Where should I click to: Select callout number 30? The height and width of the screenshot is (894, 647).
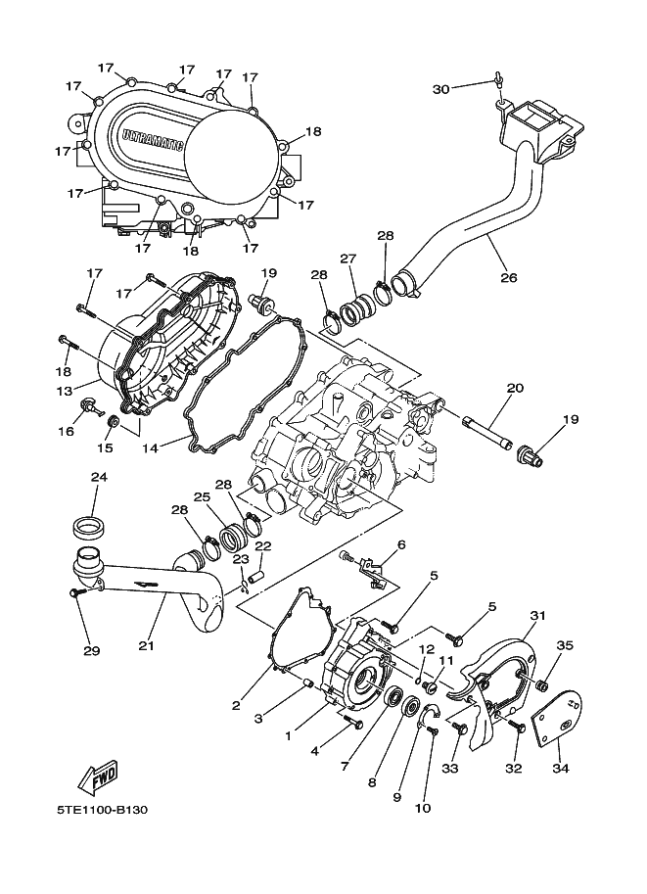tap(440, 89)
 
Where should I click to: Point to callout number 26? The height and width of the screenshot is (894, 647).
tap(508, 277)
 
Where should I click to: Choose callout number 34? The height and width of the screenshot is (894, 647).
tap(560, 769)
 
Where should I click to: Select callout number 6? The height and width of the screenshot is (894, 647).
tap(400, 545)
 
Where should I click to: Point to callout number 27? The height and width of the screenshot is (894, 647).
tap(347, 259)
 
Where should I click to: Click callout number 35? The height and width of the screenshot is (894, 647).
tap(565, 645)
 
